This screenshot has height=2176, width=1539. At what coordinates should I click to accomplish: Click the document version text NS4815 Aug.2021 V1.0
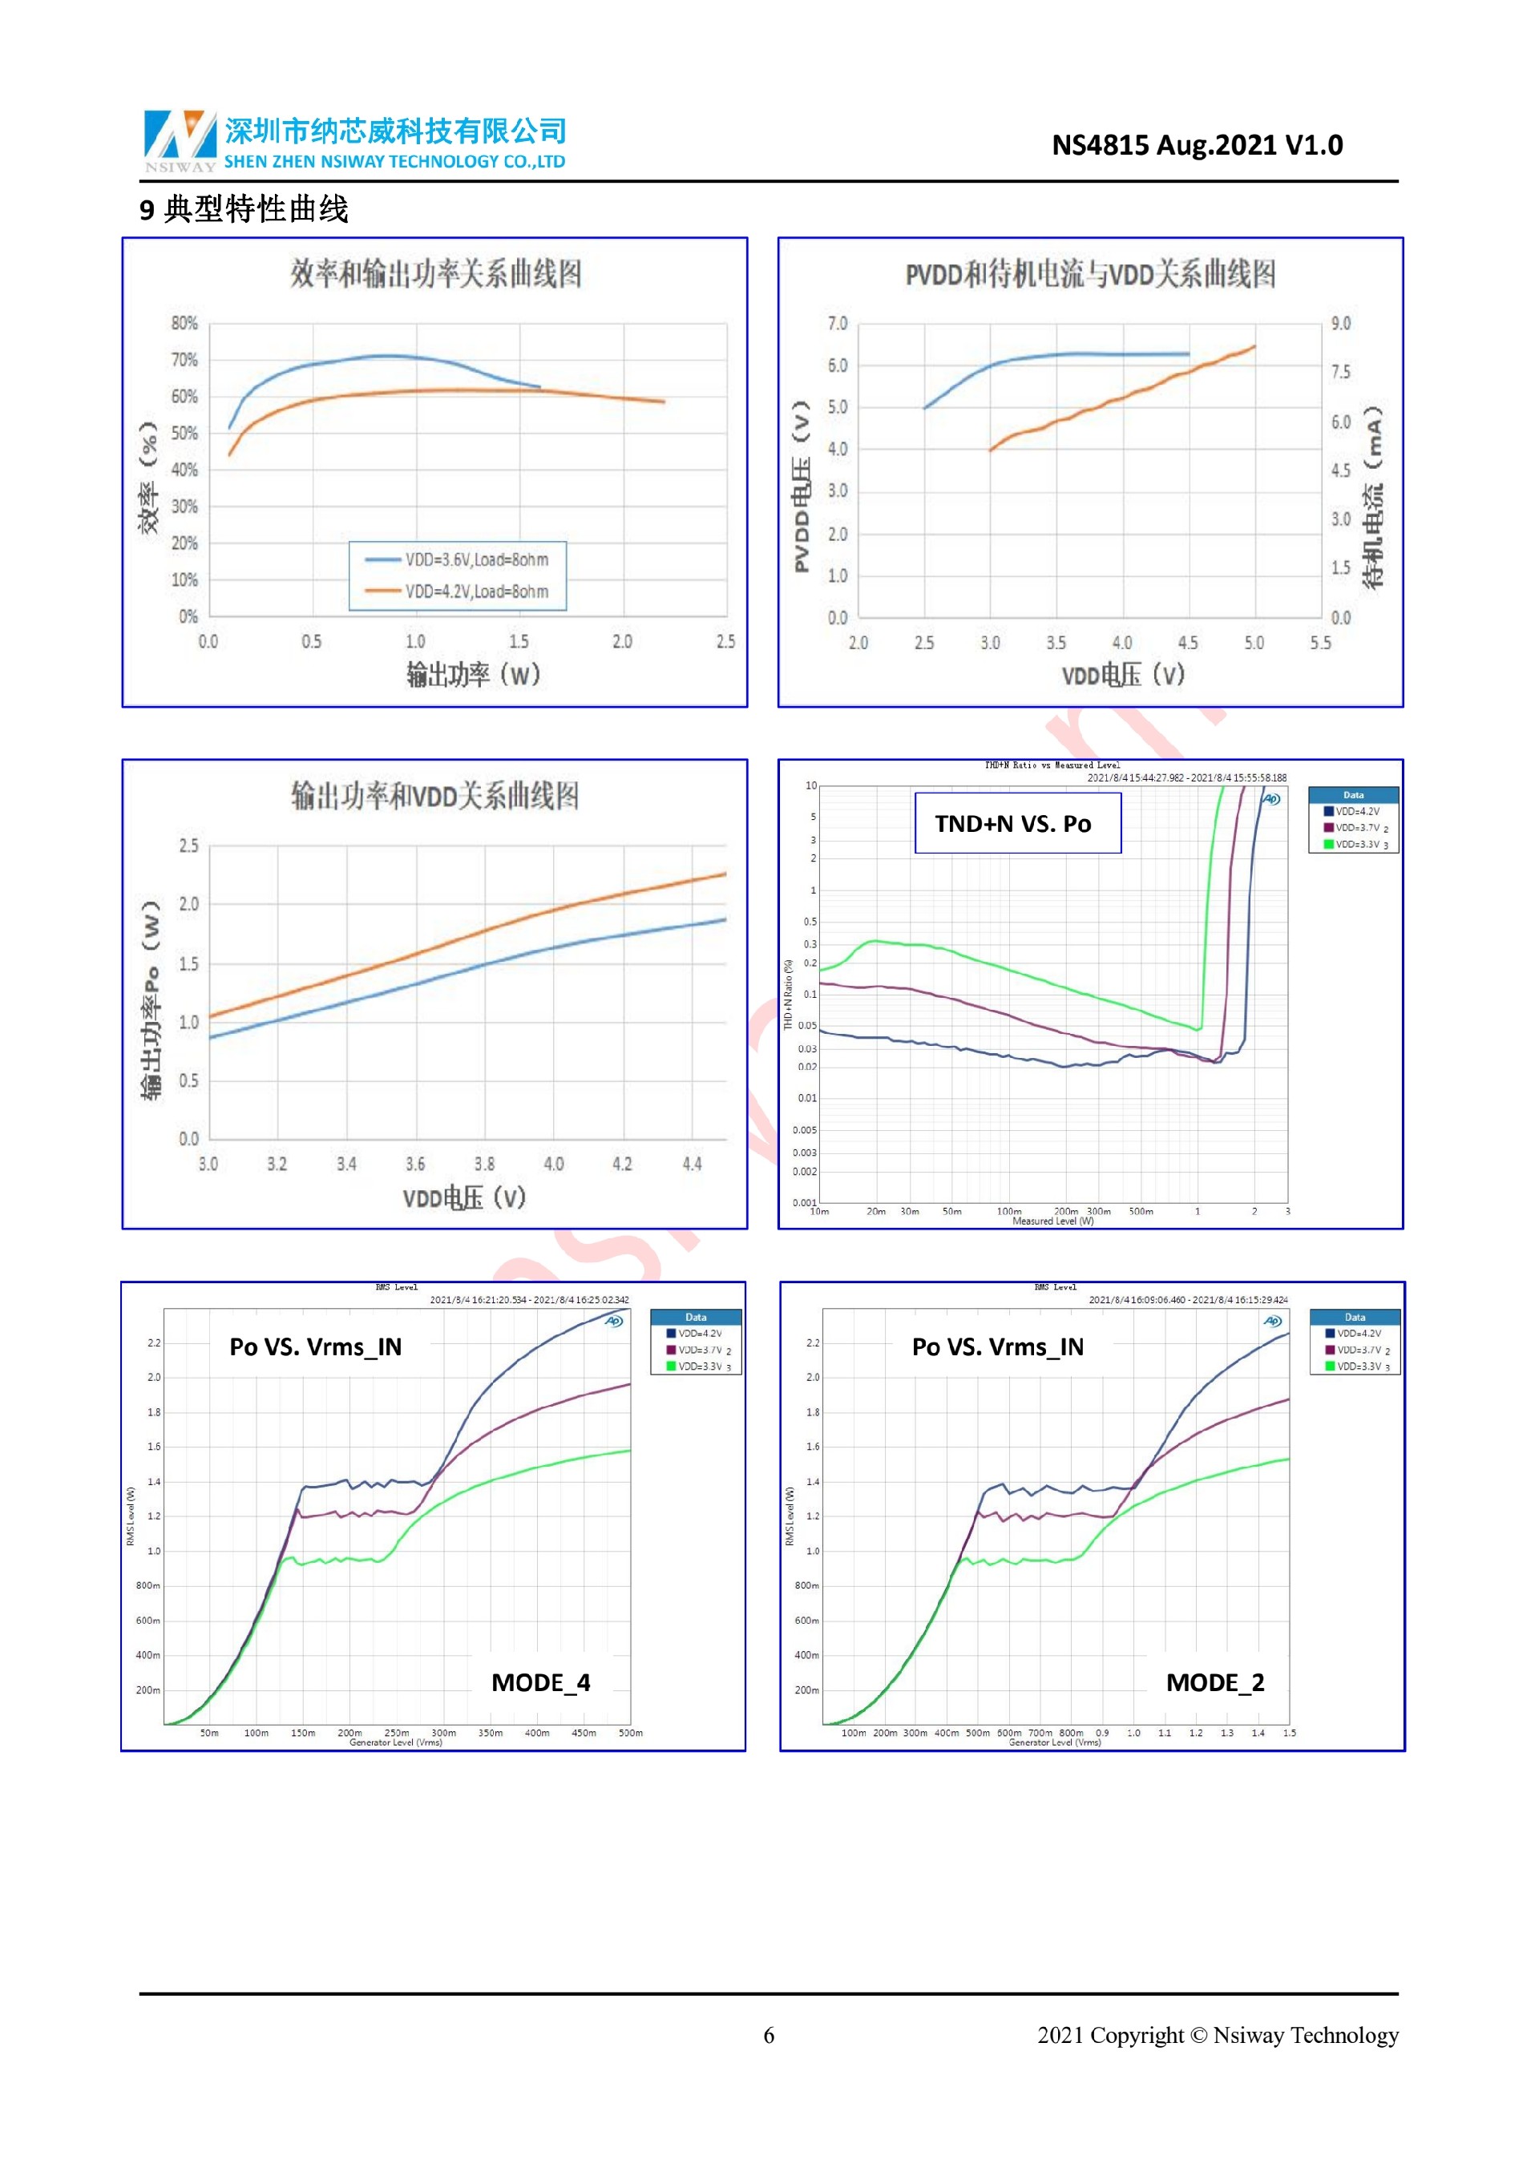point(1197,145)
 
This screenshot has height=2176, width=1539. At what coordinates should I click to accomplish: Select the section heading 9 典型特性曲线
point(244,208)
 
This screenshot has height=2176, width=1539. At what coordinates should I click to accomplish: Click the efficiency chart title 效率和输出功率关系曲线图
point(436,274)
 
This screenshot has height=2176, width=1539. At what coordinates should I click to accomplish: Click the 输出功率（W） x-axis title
point(474,675)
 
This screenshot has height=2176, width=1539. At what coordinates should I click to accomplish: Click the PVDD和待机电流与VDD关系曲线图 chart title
point(1090,275)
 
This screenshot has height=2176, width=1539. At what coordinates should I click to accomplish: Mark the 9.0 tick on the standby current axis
point(1340,323)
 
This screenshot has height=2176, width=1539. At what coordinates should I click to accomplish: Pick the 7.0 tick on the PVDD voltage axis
point(838,323)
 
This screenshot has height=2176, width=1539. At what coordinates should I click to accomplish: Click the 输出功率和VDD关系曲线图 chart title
point(435,796)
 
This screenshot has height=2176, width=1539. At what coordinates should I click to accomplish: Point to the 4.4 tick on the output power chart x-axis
point(692,1164)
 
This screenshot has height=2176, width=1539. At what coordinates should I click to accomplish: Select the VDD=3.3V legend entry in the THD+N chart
point(1356,843)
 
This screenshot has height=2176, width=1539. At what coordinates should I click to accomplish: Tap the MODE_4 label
point(540,1682)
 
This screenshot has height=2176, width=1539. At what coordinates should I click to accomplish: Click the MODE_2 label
point(1215,1682)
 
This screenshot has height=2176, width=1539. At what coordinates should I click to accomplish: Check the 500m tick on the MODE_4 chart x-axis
point(630,1733)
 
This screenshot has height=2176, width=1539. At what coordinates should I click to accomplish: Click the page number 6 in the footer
point(769,2035)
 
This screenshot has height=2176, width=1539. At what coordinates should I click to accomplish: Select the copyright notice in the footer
point(1217,2035)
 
